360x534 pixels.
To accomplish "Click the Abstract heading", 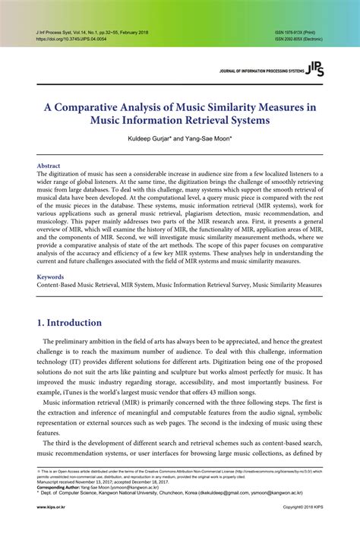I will coord(49,165).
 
